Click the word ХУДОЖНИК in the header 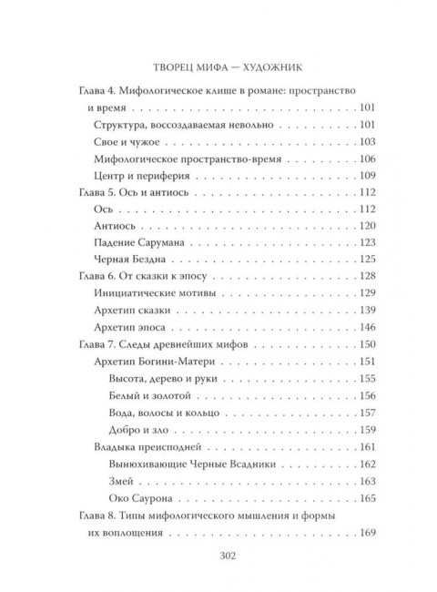[273, 66]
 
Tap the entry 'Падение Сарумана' [140, 242]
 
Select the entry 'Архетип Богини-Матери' [156, 362]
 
